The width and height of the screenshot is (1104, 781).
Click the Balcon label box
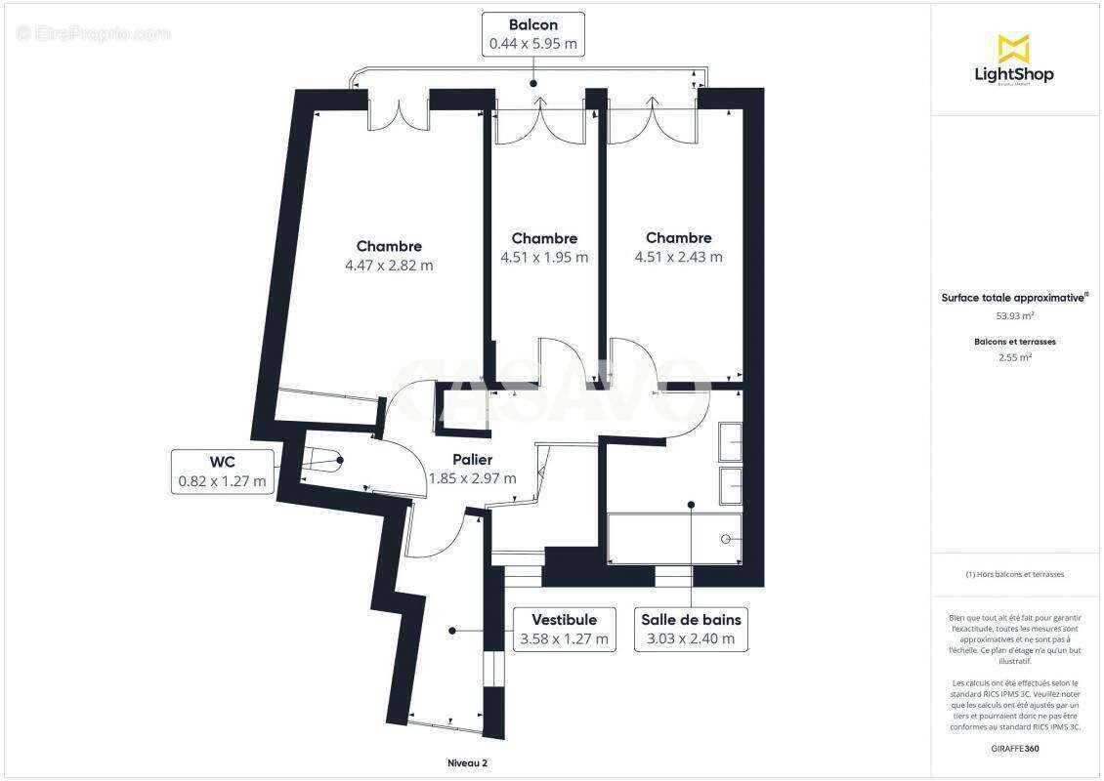tap(533, 33)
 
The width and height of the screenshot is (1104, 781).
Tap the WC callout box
tap(222, 472)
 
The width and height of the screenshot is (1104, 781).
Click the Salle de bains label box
tap(691, 630)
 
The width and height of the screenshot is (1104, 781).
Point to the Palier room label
tap(472, 460)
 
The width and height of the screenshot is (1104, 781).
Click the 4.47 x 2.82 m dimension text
tap(389, 266)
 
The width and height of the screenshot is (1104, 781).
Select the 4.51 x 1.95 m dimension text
tap(544, 258)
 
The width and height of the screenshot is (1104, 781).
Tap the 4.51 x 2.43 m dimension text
tap(678, 258)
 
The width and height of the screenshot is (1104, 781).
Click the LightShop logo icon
tap(1013, 49)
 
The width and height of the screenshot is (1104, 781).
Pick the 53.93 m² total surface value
tap(1015, 316)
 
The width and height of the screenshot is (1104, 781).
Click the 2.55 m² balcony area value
tap(1015, 357)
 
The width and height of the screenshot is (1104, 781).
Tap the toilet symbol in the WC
tap(322, 460)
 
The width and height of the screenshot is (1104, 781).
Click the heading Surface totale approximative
tap(1013, 299)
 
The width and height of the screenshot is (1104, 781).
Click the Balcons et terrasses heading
tap(1015, 342)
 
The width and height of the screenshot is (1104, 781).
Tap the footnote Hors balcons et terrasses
tap(1015, 574)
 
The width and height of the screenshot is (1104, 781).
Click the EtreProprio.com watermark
tap(94, 33)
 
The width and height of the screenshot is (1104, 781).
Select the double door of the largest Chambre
tap(399, 113)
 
